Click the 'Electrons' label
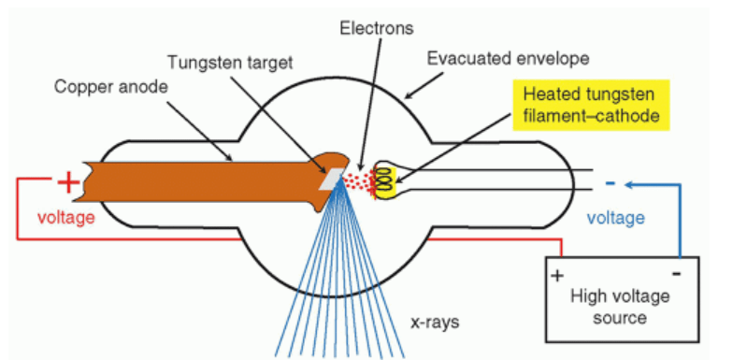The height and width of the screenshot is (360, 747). tap(377, 29)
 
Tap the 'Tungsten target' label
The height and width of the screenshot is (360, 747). tap(230, 63)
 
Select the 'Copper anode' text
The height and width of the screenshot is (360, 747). tap(110, 87)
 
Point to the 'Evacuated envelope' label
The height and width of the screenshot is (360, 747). tap(509, 59)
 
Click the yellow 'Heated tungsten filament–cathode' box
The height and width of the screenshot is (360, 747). tap(591, 105)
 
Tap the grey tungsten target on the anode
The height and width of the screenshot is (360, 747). tap(331, 180)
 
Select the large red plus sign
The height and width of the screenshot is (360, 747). tap(68, 182)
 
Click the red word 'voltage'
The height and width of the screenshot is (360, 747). tap(66, 218)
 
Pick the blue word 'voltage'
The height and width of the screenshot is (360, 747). tap(615, 218)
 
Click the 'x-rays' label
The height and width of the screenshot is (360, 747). tap(435, 323)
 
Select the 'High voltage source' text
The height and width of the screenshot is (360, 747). tap(620, 307)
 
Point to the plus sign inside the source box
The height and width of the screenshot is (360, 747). tap(557, 276)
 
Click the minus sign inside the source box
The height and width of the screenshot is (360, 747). tap(676, 274)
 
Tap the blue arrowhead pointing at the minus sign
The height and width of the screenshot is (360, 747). tap(630, 185)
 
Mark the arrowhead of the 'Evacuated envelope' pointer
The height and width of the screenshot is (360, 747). tap(409, 95)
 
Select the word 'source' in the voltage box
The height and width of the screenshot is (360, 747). tap(620, 318)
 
